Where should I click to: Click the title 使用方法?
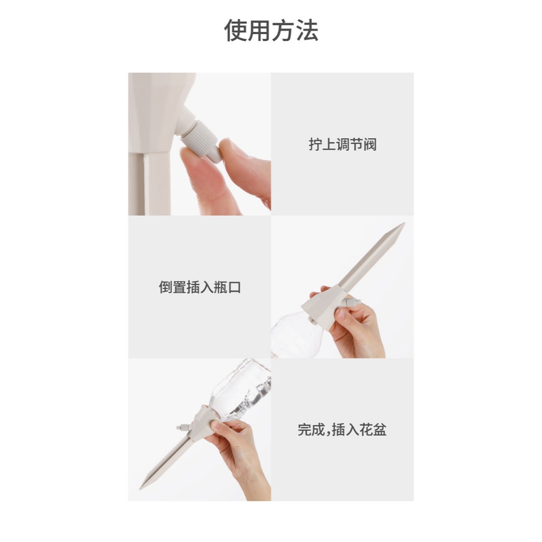click(x=271, y=30)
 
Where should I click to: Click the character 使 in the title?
click(x=236, y=30)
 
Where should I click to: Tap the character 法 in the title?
click(x=307, y=30)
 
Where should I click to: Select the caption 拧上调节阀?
click(x=342, y=144)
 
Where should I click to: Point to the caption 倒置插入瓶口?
click(x=200, y=287)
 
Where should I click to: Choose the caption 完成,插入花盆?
click(x=342, y=430)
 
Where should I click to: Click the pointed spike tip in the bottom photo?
click(x=141, y=488)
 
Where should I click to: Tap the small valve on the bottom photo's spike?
click(x=184, y=427)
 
